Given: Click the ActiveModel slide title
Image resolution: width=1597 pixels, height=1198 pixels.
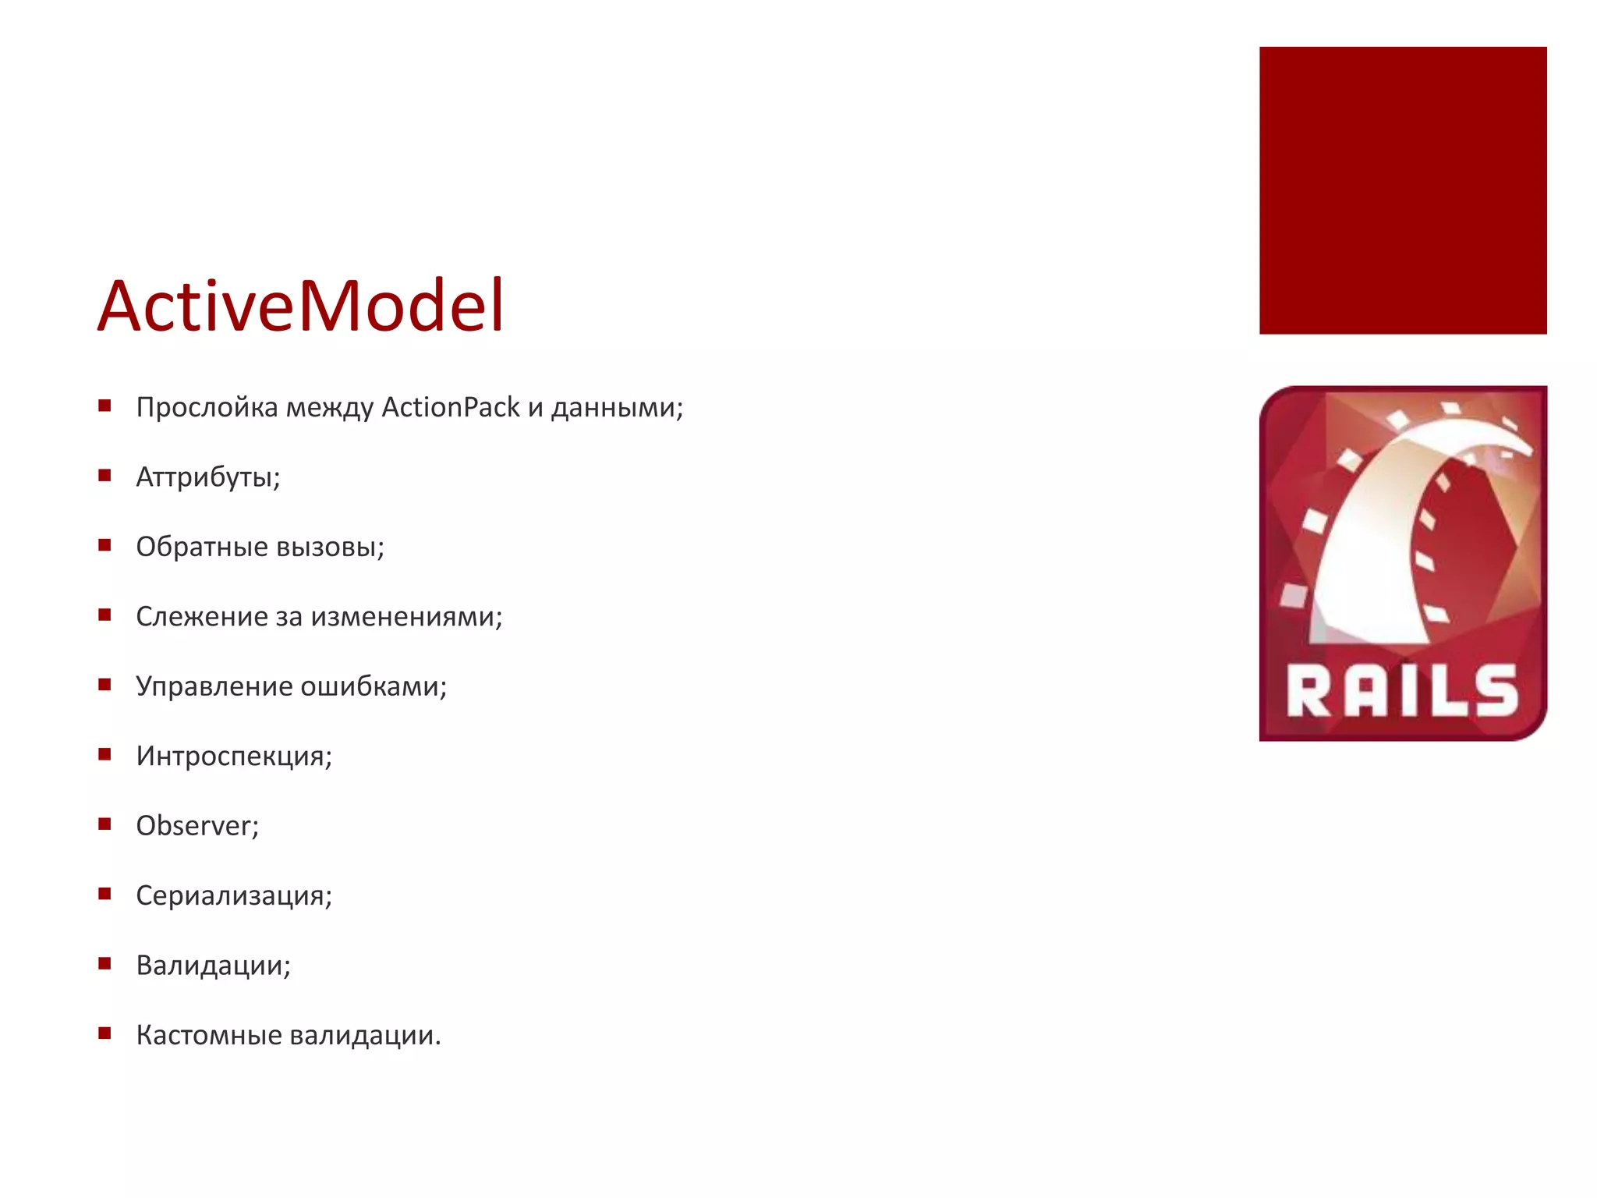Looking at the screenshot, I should coord(301,306).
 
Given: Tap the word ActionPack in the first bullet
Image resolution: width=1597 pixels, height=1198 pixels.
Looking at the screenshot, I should coord(451,407).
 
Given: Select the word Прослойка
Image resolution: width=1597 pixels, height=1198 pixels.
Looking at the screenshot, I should coord(207,407).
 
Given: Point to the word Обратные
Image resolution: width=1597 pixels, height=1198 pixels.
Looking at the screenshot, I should coord(202,547).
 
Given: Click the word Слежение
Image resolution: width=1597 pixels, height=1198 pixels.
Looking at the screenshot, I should coord(202,616).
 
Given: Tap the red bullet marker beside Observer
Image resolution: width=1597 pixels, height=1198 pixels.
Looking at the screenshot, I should coord(104,824).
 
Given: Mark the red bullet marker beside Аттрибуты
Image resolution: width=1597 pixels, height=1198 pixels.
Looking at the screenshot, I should coord(104,475).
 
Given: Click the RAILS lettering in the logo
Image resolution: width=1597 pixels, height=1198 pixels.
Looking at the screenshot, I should coord(1402,691).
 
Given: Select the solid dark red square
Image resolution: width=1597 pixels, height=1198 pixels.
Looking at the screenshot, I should coord(1403,190).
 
